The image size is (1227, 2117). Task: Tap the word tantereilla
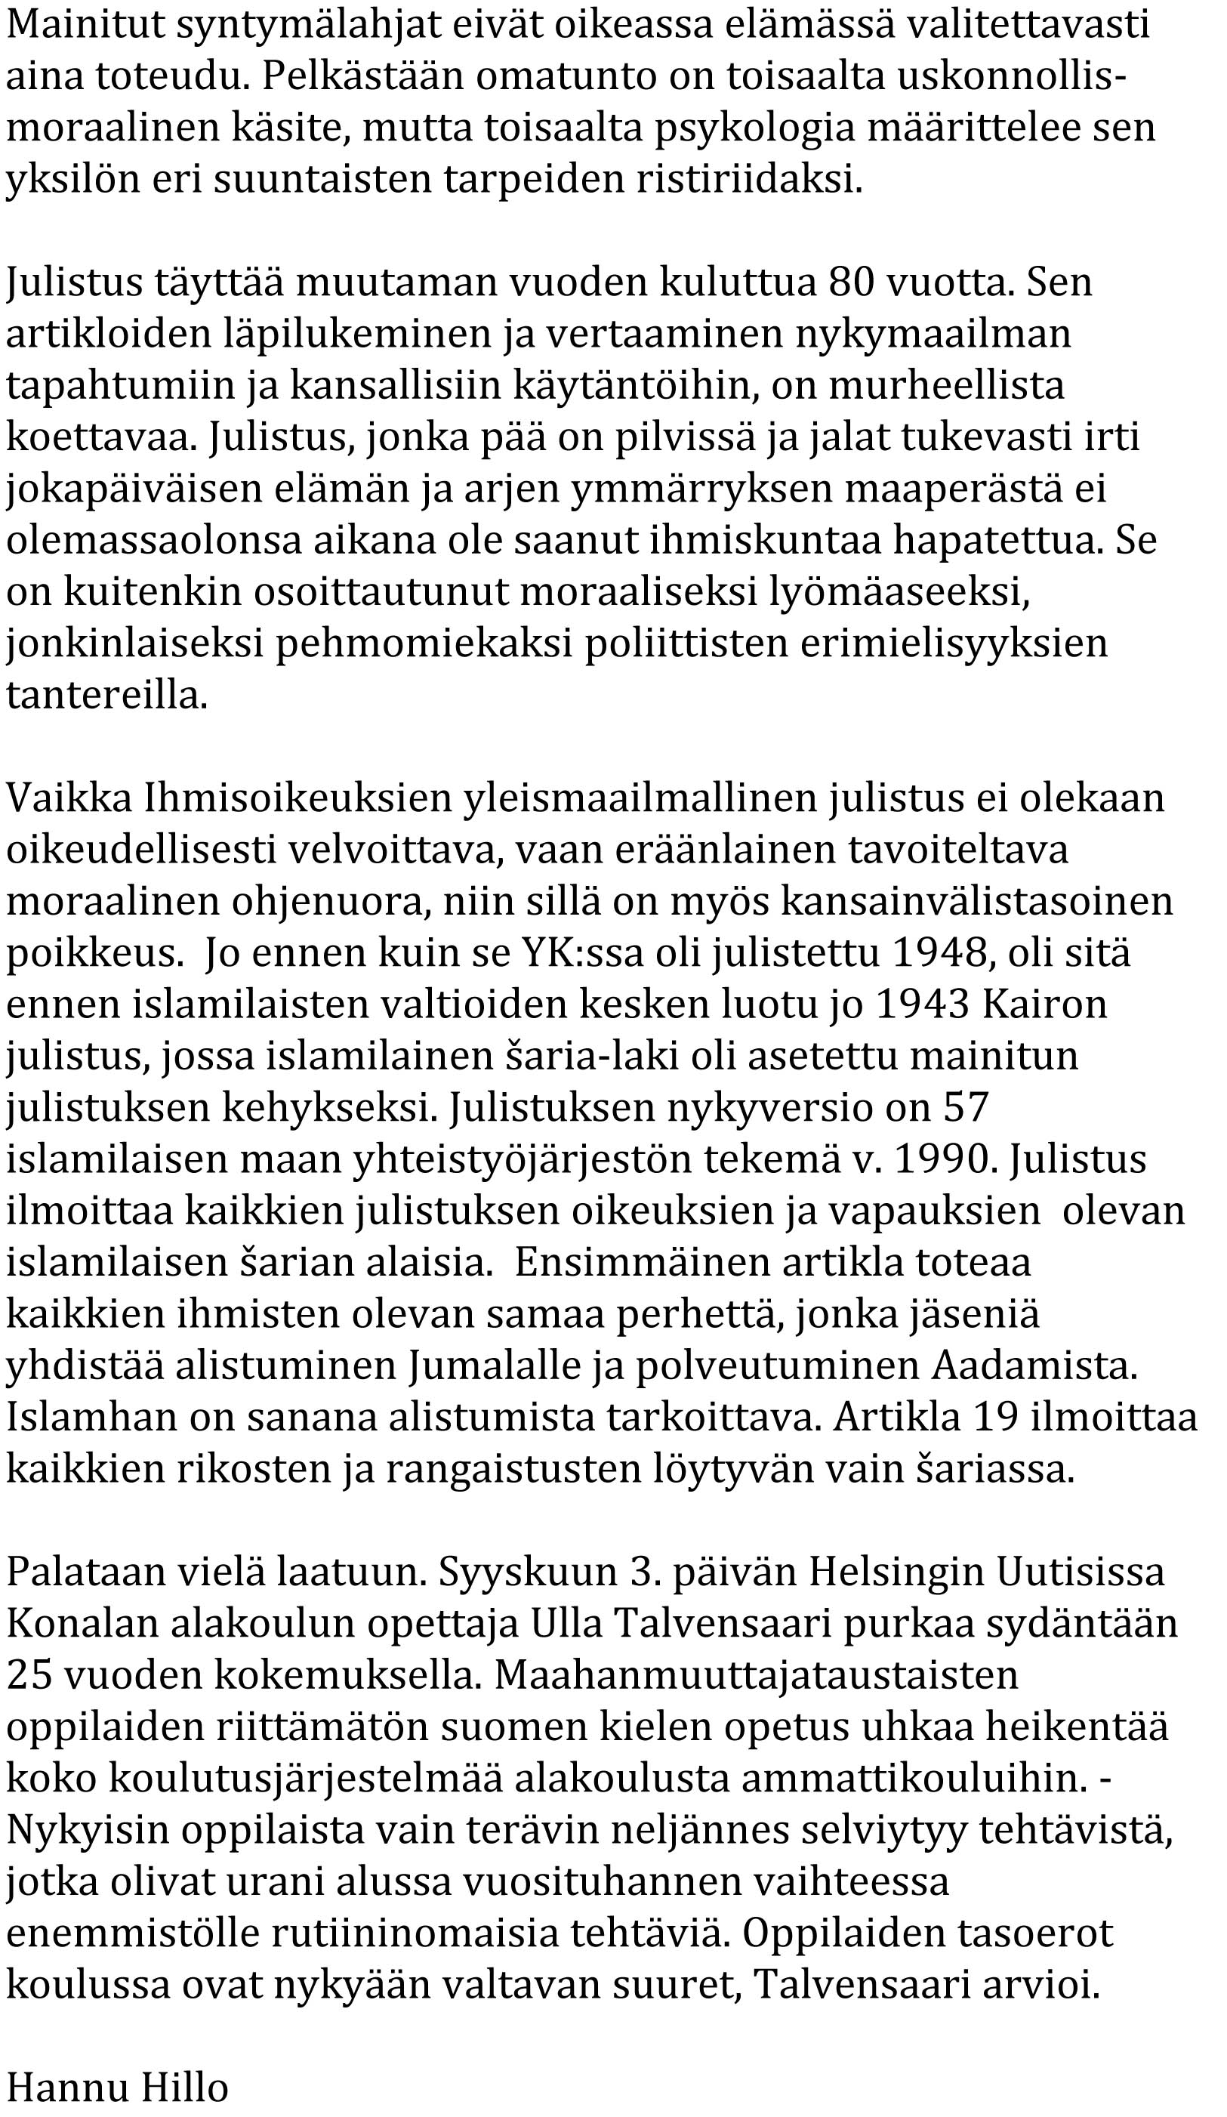tap(106, 696)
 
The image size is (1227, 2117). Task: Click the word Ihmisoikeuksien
tap(298, 798)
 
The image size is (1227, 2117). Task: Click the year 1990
tap(942, 1159)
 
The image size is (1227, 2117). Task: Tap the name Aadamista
tap(1034, 1366)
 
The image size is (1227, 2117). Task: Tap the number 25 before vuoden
tap(29, 1676)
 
